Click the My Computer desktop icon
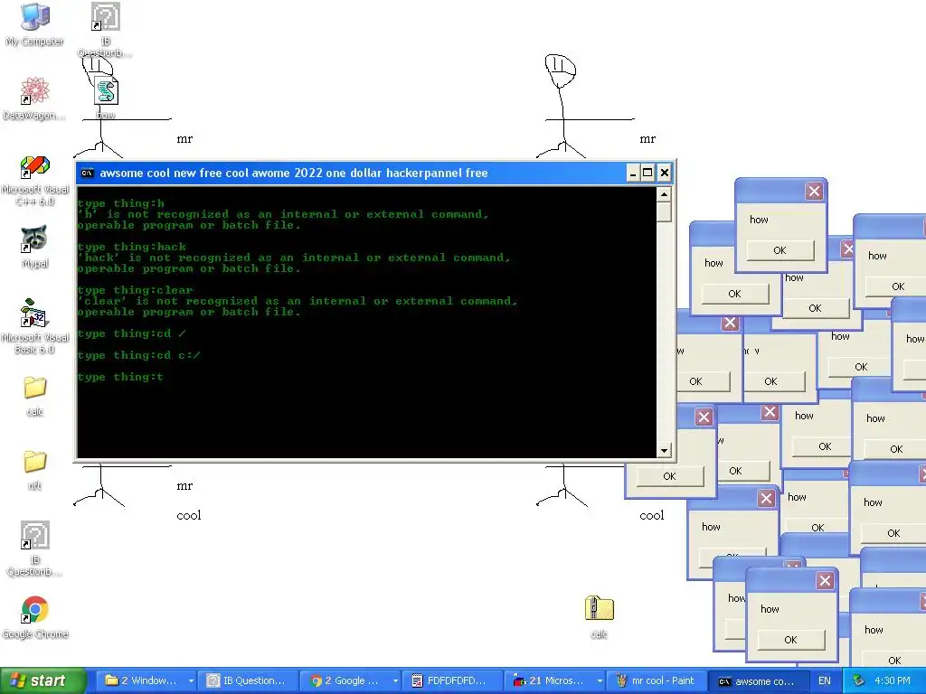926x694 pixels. [x=34, y=18]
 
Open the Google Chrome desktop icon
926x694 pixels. [x=34, y=611]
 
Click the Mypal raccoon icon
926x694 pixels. [x=34, y=239]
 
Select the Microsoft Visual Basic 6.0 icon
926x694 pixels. [x=34, y=314]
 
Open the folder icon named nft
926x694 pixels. [x=34, y=462]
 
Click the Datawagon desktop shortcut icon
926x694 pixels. [x=34, y=91]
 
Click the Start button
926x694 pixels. [x=43, y=680]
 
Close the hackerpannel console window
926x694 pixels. [x=664, y=173]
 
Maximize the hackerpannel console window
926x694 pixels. [x=647, y=173]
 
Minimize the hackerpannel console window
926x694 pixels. [x=632, y=173]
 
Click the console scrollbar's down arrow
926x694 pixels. [x=664, y=450]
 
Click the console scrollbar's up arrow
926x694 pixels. [x=664, y=194]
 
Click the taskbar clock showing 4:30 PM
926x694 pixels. [x=893, y=680]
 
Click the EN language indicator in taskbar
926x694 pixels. [x=824, y=680]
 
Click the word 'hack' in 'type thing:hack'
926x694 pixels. [x=172, y=247]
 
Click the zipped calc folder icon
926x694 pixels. [x=599, y=609]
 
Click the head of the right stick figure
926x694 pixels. [x=561, y=70]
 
